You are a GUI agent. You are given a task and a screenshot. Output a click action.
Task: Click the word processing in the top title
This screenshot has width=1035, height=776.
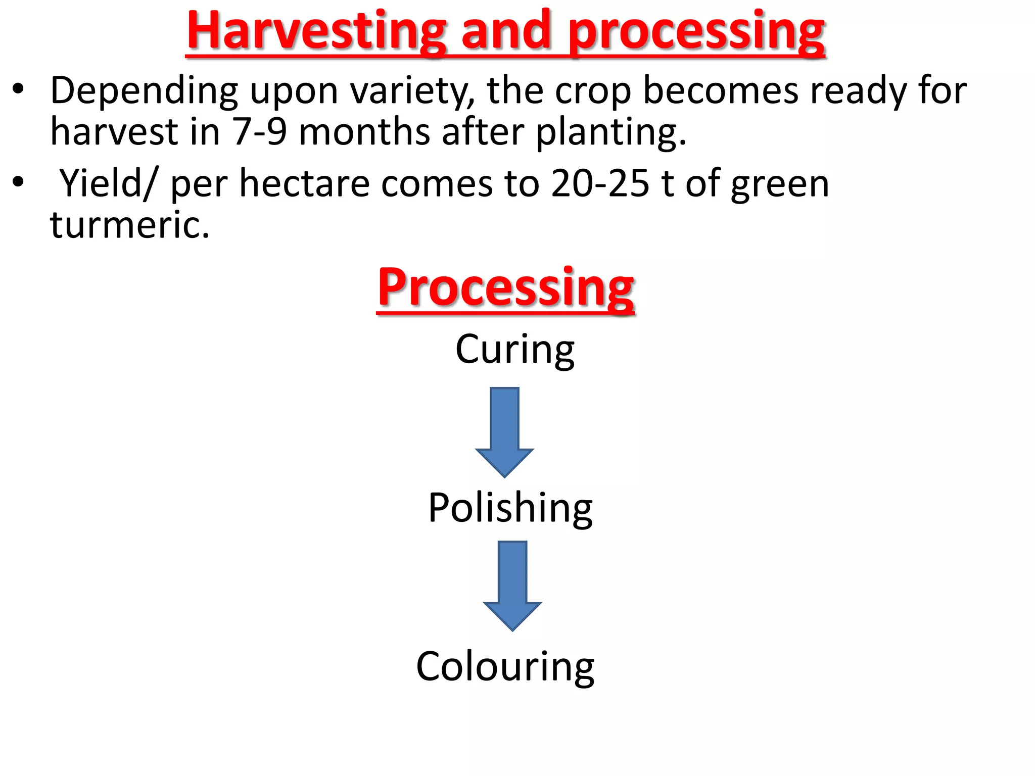coord(697,31)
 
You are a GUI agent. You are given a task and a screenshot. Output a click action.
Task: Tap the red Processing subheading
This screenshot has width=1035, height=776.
coord(506,288)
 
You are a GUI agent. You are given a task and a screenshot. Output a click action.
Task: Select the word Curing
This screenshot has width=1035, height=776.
coord(514,350)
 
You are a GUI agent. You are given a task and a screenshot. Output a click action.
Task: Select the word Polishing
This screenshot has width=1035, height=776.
coord(510,508)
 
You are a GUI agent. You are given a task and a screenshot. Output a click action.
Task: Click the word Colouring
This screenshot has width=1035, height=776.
coord(505,667)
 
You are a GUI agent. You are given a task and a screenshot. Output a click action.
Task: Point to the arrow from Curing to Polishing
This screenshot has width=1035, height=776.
coord(504,432)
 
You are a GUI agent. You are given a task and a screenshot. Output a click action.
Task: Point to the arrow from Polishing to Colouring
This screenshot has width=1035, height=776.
coord(512,586)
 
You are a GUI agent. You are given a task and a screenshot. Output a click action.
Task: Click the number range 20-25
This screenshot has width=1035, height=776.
coord(600,183)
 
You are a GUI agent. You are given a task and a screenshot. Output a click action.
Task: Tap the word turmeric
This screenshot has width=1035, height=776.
coord(129,225)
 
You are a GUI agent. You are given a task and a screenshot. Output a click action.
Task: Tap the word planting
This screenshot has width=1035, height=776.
coord(610,132)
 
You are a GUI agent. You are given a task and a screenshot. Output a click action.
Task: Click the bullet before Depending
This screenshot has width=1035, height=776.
coord(19,90)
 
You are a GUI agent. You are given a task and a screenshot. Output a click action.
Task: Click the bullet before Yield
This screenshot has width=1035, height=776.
coord(19,182)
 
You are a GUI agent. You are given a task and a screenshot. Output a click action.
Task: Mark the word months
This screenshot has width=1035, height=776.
coord(364,132)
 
